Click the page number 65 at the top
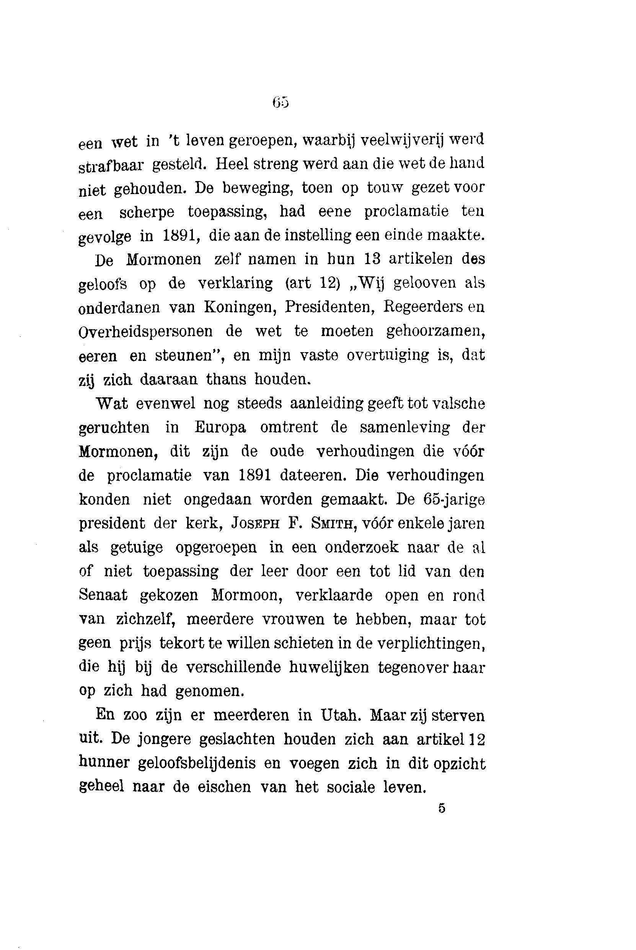point(280,102)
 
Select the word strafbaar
point(111,165)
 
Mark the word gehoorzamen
point(435,331)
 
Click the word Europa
point(220,427)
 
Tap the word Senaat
point(103,595)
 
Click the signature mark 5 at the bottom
point(442,808)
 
